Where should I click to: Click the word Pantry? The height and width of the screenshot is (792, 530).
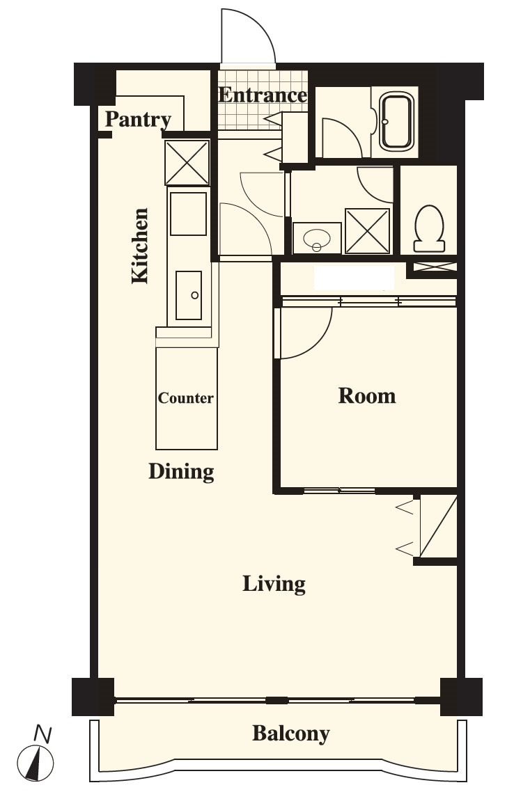tap(138, 120)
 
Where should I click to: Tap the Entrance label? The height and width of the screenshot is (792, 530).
tap(263, 95)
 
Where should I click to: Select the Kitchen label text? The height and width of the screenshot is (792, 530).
tap(139, 246)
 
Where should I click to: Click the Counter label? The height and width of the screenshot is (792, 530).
tap(185, 398)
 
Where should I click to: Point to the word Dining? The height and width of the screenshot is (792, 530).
tap(181, 472)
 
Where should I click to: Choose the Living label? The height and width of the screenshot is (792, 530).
tap(274, 584)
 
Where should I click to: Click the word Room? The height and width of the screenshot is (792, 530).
tap(367, 395)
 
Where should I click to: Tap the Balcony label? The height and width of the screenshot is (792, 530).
tap(290, 734)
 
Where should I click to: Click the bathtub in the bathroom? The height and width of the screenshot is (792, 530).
tap(396, 122)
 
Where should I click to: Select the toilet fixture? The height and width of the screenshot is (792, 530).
tap(429, 228)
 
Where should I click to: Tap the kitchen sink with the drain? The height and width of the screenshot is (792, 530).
tap(189, 295)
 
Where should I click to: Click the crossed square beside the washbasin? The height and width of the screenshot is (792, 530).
tap(367, 230)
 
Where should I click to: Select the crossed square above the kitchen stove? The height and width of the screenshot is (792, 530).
tap(187, 163)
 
